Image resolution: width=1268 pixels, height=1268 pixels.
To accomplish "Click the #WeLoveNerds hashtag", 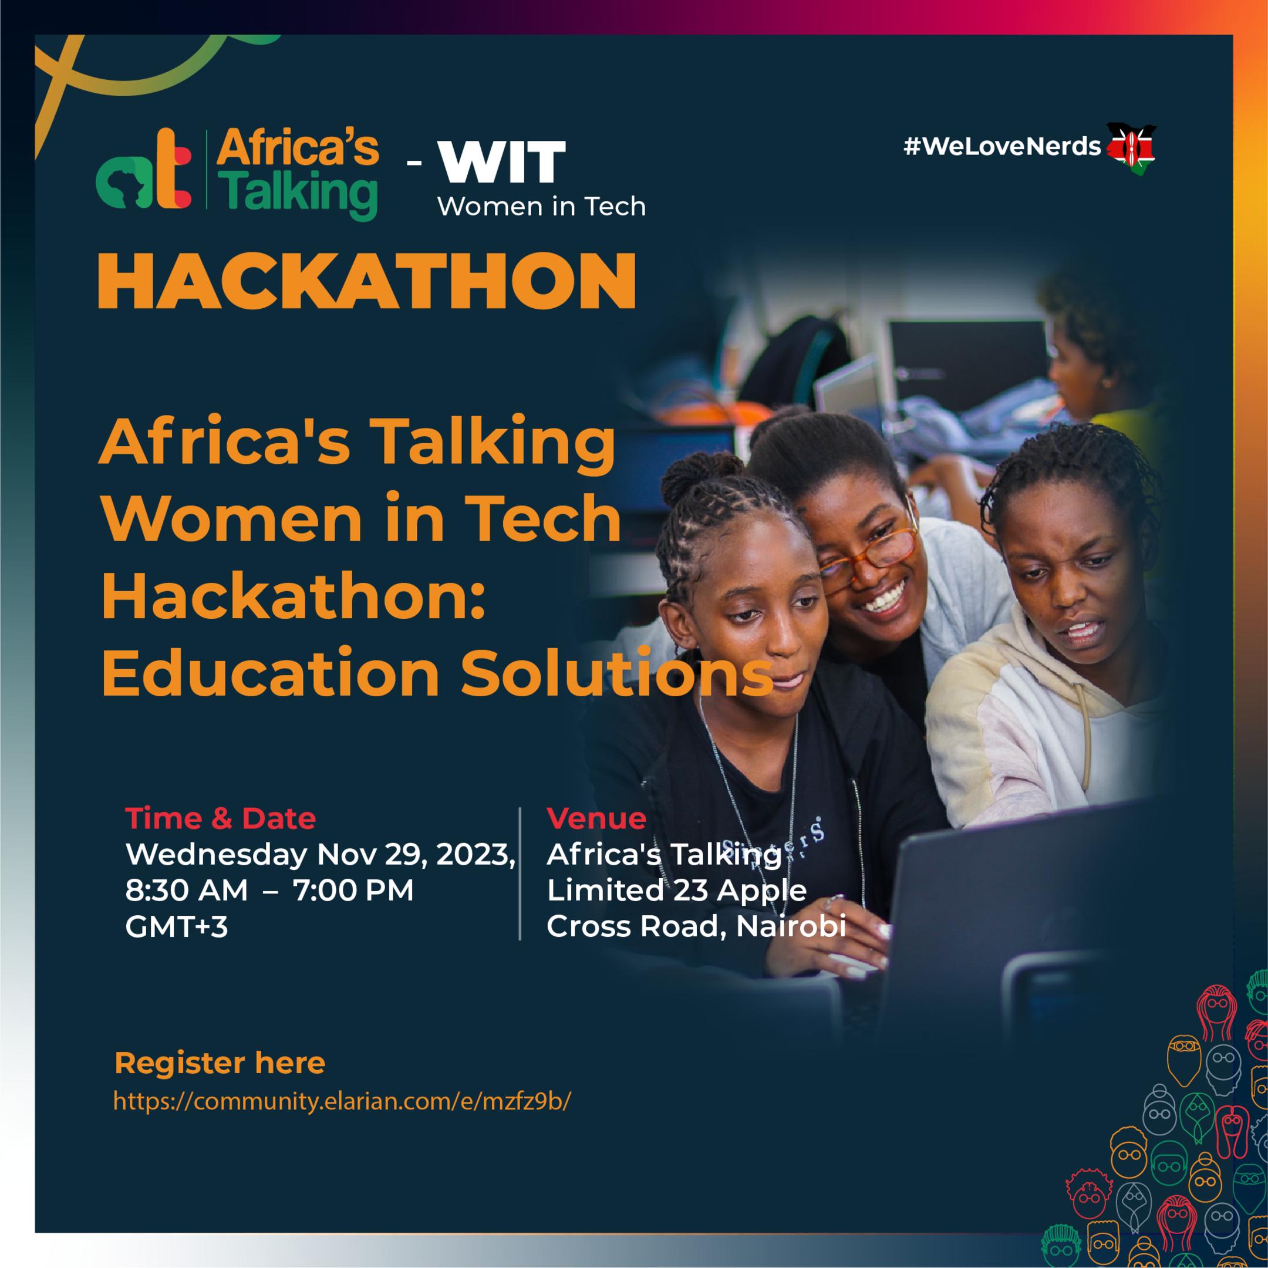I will point(1001,146).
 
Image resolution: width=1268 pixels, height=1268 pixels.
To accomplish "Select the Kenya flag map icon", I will point(1131,148).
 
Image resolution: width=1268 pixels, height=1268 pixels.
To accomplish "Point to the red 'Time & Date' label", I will point(221,818).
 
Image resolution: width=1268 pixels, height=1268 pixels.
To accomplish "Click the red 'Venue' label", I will point(596,818).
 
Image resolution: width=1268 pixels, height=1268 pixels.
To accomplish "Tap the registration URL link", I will point(342,1101).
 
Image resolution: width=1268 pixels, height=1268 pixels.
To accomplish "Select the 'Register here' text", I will point(220,1063).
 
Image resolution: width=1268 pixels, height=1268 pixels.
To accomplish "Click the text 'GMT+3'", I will point(177,927).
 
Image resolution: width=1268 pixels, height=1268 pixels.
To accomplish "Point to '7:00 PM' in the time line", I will point(353,891).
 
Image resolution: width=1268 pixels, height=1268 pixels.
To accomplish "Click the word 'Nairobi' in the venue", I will point(790,926).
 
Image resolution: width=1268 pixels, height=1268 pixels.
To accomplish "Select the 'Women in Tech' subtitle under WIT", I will point(541,207).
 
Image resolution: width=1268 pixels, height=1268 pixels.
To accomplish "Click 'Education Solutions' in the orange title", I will point(436,673).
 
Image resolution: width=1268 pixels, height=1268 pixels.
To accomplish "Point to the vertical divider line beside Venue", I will point(520,873).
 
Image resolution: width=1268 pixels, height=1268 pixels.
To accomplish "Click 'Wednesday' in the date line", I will point(216,855).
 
